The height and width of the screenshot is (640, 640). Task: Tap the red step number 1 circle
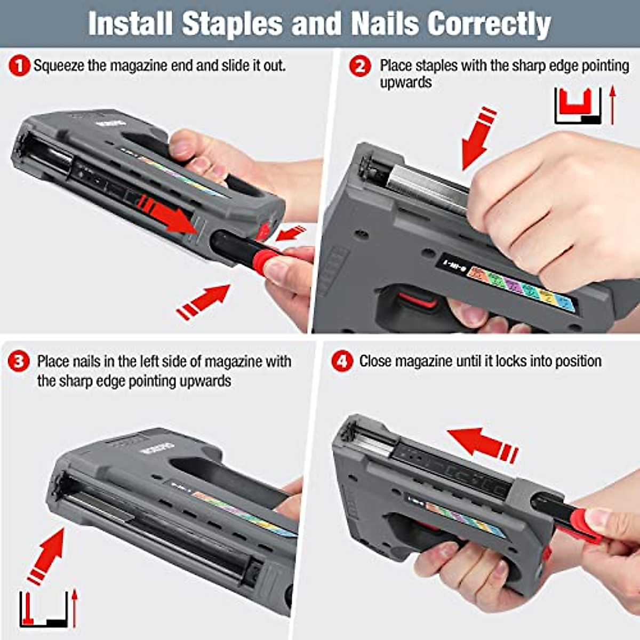(19, 67)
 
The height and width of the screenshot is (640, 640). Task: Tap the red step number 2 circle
(360, 67)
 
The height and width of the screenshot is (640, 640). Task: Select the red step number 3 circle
(19, 362)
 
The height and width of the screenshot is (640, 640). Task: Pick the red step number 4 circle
(342, 362)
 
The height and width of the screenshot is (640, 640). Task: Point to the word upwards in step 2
(405, 83)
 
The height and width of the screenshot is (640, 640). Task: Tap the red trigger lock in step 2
(418, 299)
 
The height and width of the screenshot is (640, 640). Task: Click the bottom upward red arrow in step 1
(203, 302)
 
